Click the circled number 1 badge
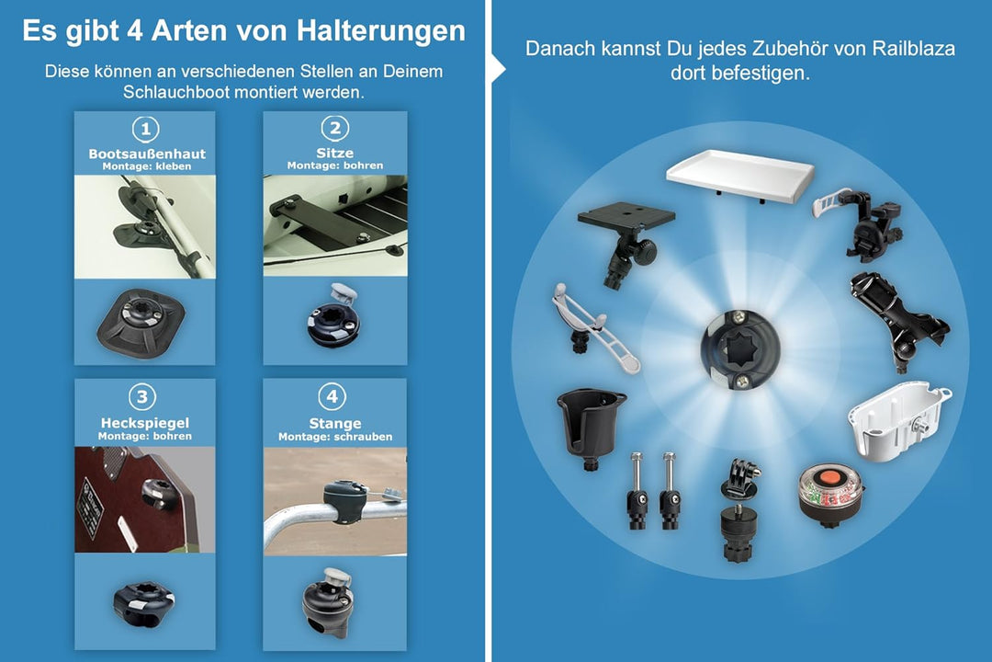[146, 128]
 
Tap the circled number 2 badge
[335, 128]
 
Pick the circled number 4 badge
[332, 396]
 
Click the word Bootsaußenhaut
[146, 154]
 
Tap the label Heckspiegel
[145, 423]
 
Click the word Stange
[335, 423]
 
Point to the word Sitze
[335, 153]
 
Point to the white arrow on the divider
[498, 67]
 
